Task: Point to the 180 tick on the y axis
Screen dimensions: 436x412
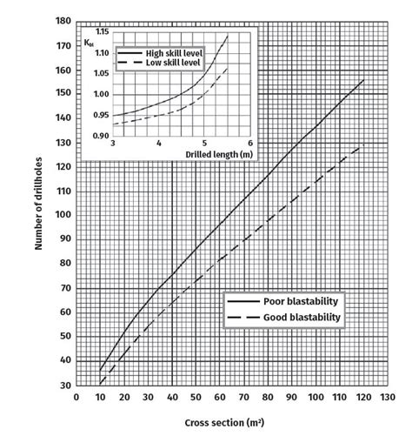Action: (x=63, y=20)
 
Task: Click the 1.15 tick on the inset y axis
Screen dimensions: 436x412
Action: (x=102, y=32)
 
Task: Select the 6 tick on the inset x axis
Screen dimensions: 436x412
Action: (x=249, y=144)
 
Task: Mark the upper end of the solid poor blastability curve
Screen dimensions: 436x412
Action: (x=363, y=80)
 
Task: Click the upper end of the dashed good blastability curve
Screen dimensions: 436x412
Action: (x=363, y=145)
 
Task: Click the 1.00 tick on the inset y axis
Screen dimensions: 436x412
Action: (x=102, y=94)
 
